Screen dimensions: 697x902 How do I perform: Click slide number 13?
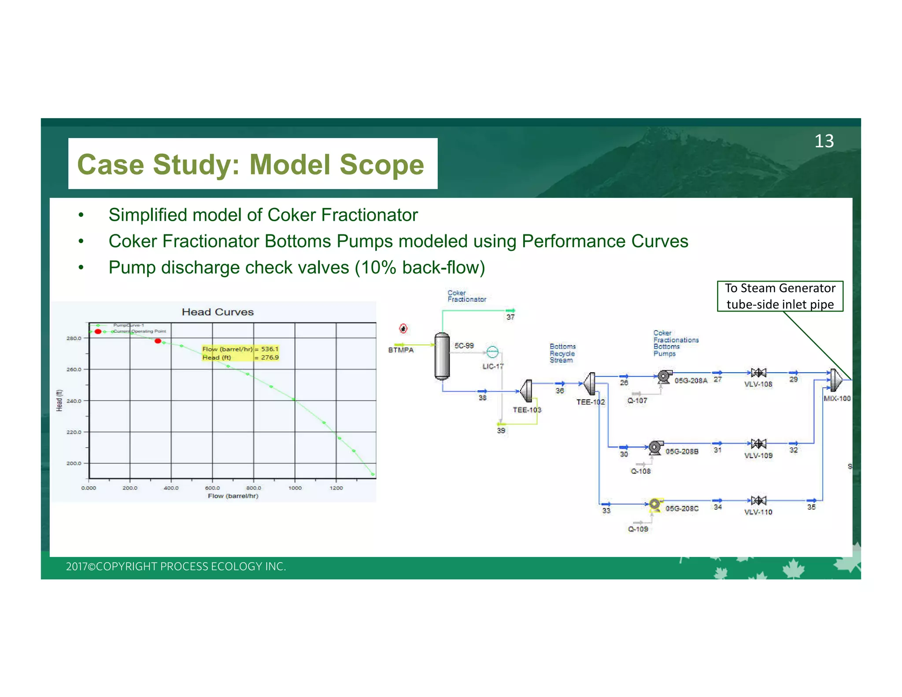[823, 141]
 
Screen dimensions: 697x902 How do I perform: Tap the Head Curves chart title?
[218, 312]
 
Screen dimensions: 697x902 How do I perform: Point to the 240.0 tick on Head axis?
[74, 401]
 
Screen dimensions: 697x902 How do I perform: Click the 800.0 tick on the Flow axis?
[254, 488]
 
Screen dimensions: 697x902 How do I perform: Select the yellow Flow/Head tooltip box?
[240, 353]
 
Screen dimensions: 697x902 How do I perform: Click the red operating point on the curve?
[158, 341]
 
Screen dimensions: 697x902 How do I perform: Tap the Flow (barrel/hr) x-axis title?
[233, 496]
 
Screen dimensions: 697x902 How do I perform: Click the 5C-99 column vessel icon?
[442, 356]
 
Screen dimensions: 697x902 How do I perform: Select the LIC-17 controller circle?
[492, 352]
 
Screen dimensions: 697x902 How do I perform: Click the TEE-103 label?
[527, 410]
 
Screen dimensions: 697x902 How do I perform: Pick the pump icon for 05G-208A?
[664, 377]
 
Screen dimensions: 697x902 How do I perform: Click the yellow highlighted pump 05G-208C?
[655, 504]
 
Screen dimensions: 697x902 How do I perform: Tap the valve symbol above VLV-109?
[758, 444]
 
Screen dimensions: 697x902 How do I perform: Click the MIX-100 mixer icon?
[835, 380]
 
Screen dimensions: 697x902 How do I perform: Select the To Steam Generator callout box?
[780, 296]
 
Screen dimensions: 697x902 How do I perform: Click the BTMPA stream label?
[401, 350]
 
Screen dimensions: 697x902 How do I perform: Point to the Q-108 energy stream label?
[640, 471]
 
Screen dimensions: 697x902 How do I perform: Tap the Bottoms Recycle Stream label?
[562, 353]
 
